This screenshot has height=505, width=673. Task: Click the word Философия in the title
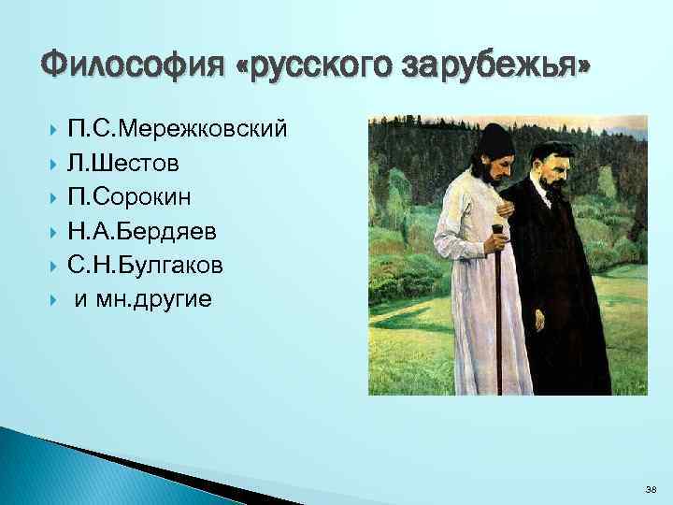131,66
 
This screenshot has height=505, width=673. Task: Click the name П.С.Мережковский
177,129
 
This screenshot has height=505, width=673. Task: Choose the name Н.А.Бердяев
146,229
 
